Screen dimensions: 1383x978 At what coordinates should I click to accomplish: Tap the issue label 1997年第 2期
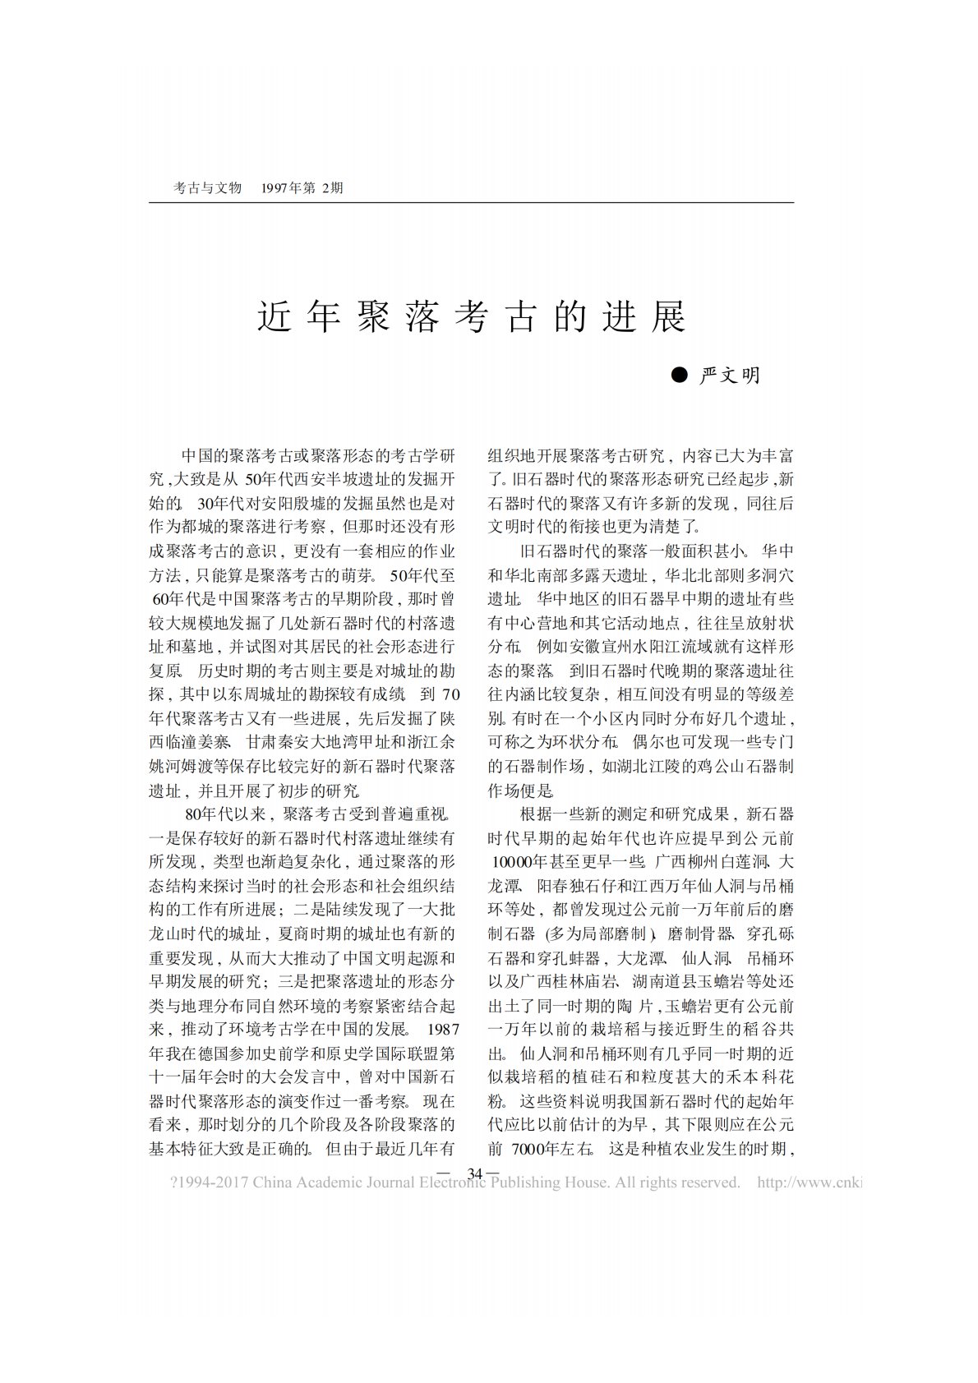(x=301, y=188)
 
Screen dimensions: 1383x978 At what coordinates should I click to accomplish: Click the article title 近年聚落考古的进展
(x=472, y=317)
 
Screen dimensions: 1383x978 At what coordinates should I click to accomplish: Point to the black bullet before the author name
(x=679, y=376)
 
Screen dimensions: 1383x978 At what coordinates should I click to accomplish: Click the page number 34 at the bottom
(x=474, y=1173)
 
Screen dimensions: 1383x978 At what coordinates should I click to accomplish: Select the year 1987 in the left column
(x=442, y=1028)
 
